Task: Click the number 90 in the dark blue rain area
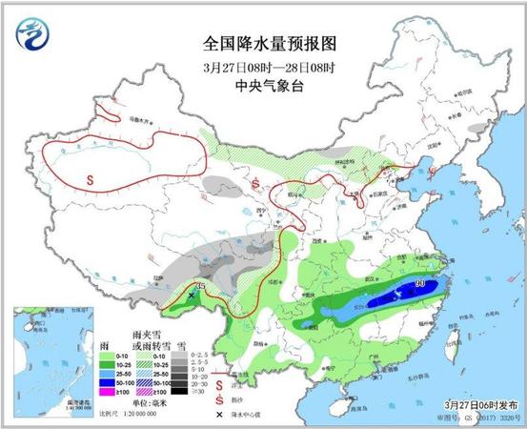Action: click(419, 283)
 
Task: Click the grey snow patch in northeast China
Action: click(476, 125)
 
